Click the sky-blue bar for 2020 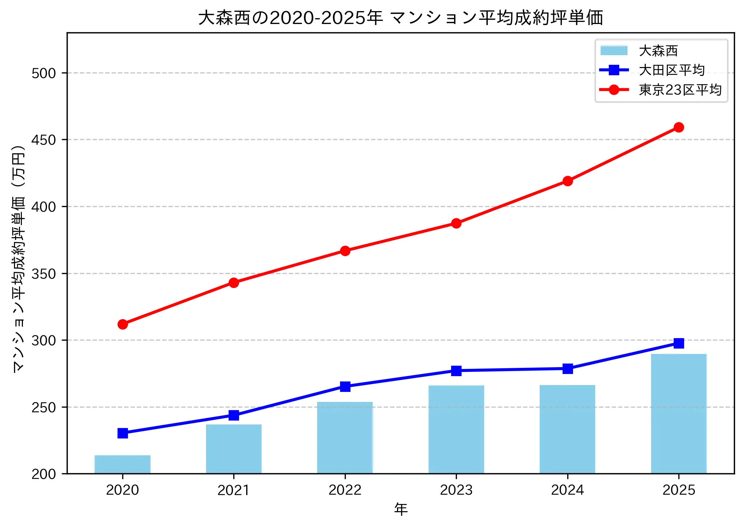click(123, 464)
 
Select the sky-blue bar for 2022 click(345, 437)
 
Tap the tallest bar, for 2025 click(678, 414)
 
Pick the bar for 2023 click(456, 429)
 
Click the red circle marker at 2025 click(678, 127)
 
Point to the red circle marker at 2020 click(123, 324)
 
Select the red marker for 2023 click(456, 223)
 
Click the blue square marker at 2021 click(234, 415)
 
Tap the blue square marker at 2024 click(567, 369)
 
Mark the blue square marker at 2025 click(678, 343)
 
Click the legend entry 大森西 click(658, 51)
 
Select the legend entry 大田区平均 click(672, 70)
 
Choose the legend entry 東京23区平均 click(680, 90)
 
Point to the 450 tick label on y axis click(44, 140)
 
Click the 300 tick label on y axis click(44, 340)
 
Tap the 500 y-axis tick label click(44, 73)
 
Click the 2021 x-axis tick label click(234, 490)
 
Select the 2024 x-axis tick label click(567, 490)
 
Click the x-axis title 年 click(401, 509)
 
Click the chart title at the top click(401, 18)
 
